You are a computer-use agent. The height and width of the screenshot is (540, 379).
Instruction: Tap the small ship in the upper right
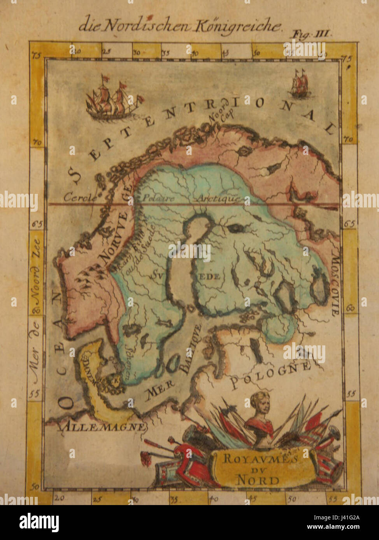pyautogui.click(x=299, y=84)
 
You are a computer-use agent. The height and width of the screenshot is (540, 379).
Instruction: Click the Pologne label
pyautogui.click(x=271, y=375)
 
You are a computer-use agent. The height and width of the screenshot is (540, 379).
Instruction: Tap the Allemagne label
pyautogui.click(x=103, y=427)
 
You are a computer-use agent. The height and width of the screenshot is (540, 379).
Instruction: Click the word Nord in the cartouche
pyautogui.click(x=258, y=480)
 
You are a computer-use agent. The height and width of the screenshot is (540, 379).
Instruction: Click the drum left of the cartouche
pyautogui.click(x=165, y=471)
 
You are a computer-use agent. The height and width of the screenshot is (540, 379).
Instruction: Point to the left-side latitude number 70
pyautogui.click(x=37, y=143)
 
